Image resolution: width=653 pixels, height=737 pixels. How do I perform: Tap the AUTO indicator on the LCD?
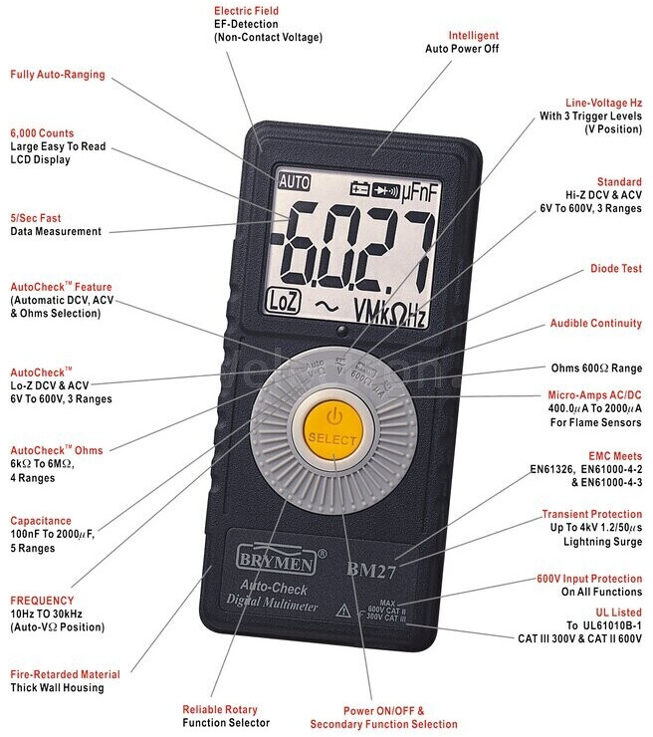(295, 182)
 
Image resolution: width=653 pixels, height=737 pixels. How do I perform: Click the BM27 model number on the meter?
(369, 571)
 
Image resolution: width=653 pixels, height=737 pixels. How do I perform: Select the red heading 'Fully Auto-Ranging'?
(58, 75)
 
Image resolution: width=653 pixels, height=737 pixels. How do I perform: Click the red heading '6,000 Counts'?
(42, 132)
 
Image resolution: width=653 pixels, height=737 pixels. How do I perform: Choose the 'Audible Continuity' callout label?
(596, 324)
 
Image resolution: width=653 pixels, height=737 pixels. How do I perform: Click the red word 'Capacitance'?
(41, 521)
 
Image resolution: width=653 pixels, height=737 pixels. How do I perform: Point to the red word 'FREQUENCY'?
(42, 601)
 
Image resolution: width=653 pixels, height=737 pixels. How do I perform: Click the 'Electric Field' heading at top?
(246, 11)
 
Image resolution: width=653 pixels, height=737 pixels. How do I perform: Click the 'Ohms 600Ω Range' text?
(596, 368)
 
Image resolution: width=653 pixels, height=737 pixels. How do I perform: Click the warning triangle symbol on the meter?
(343, 610)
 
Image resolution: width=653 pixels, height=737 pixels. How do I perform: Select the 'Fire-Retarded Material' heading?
(66, 674)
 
